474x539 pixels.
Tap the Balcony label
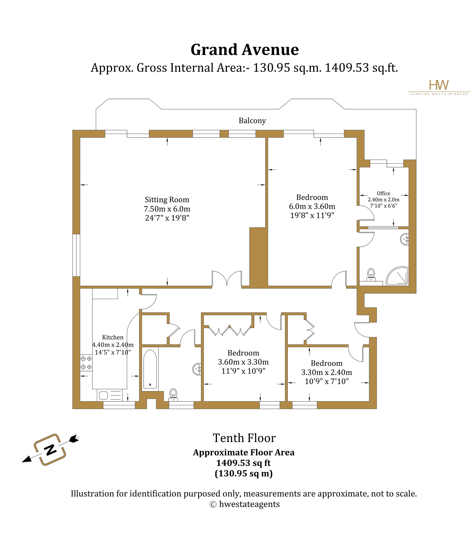point(252,120)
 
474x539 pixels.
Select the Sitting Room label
point(167,200)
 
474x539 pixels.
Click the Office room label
point(383,193)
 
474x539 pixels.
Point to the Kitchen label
point(113,337)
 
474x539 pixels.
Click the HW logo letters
point(439,85)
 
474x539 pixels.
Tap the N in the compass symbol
point(50,449)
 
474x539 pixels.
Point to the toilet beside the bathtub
point(173,395)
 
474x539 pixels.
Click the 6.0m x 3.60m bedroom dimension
point(312,206)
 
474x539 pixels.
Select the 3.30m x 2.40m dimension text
point(327,372)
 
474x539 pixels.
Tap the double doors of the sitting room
point(227,278)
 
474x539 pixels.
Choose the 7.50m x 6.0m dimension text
point(167,209)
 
